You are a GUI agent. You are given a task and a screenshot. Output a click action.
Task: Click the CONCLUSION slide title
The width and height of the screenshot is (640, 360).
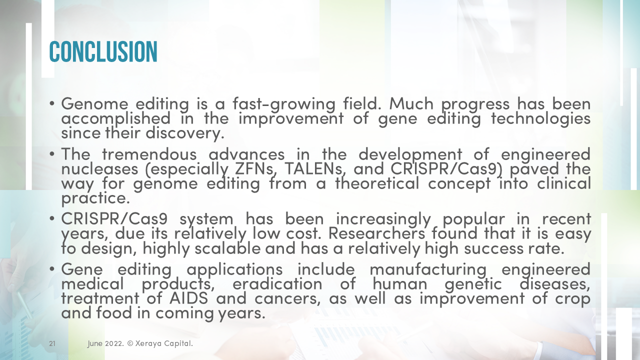103,51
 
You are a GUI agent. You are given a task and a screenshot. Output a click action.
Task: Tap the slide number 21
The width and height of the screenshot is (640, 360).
52,344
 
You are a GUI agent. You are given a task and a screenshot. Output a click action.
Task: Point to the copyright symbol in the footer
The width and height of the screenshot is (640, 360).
129,344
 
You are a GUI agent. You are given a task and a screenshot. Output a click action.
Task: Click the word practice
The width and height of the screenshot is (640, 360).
95,198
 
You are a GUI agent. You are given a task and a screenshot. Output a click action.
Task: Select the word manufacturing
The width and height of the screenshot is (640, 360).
428,269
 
